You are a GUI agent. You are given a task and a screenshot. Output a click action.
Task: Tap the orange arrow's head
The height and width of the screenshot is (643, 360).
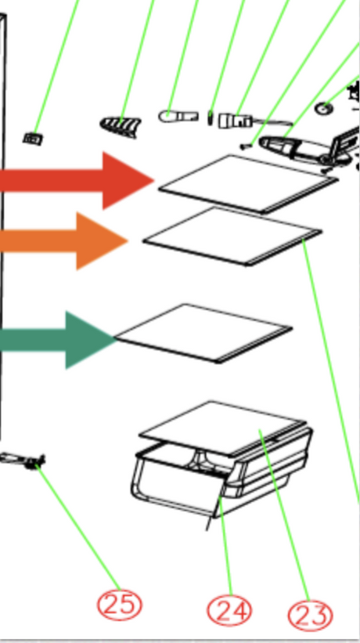(99, 241)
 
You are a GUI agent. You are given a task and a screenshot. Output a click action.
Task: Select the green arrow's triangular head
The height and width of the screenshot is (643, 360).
(89, 340)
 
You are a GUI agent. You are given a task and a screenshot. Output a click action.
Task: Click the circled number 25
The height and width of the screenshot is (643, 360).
(120, 604)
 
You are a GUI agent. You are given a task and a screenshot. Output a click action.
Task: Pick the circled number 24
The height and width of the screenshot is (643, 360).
(229, 610)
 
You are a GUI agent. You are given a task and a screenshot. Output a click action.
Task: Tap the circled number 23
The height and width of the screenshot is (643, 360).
(310, 615)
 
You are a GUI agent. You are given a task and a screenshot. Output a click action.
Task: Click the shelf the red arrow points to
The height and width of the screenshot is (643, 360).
(248, 184)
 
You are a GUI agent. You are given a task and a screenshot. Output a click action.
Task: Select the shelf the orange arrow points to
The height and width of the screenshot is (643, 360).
(232, 237)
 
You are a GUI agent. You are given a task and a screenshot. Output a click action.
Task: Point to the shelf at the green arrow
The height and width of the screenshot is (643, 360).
(203, 334)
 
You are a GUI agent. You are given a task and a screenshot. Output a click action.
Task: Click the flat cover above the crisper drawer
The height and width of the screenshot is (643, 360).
(222, 428)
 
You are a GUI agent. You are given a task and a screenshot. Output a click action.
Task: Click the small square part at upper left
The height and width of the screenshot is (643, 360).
(32, 139)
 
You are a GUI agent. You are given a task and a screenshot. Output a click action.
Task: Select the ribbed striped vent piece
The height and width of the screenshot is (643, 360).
(121, 127)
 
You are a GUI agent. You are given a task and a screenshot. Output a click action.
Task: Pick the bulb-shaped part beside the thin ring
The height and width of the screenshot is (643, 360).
(178, 117)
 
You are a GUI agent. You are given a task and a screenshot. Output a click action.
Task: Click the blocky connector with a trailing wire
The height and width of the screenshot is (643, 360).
(235, 121)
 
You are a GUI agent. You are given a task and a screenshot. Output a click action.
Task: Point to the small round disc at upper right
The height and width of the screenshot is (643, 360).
(324, 109)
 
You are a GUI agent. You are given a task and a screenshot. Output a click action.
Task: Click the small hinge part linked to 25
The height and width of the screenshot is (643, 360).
(24, 460)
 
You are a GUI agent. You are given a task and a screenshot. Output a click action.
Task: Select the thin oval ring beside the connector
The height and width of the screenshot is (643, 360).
(210, 118)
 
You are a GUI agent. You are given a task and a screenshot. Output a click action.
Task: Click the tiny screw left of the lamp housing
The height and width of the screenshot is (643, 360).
(245, 146)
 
